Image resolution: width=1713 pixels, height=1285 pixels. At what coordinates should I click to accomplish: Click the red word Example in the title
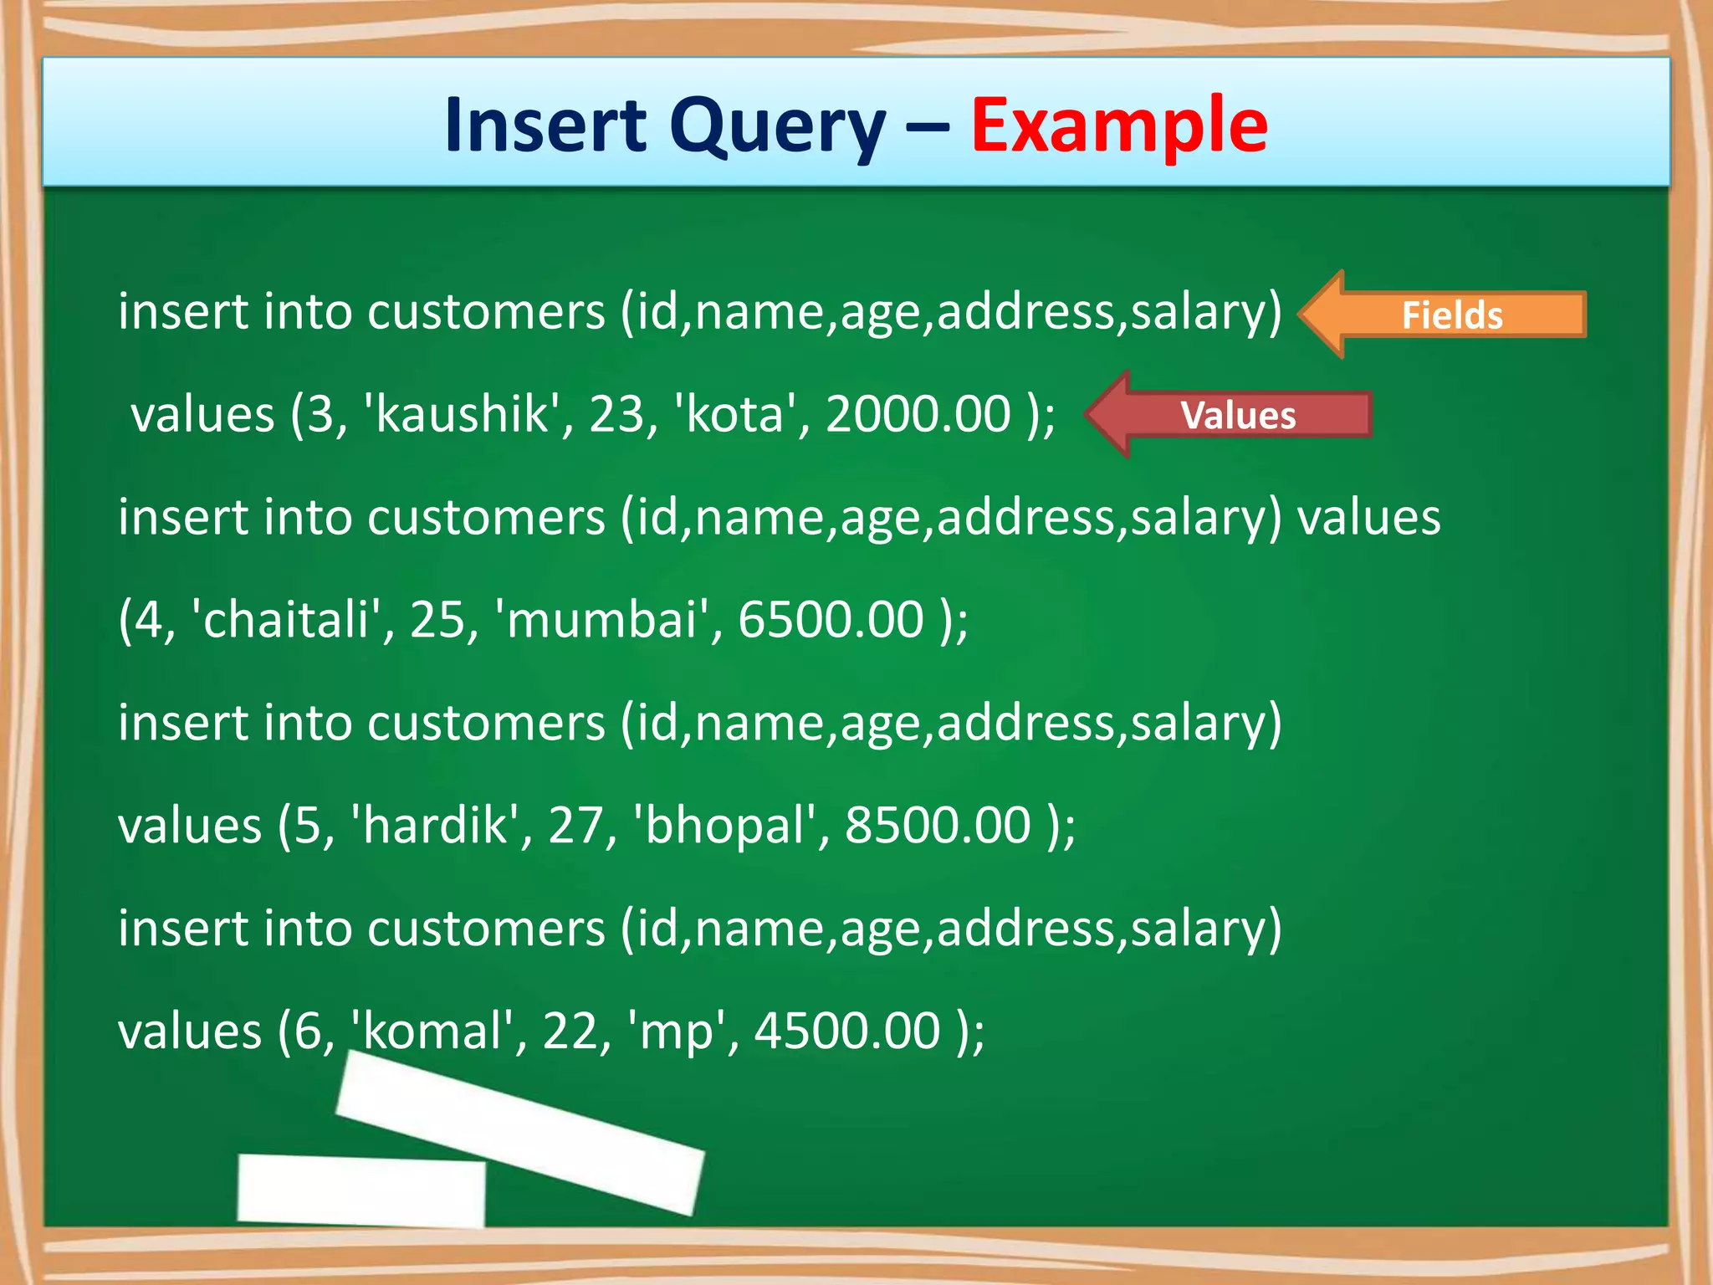coord(1118,125)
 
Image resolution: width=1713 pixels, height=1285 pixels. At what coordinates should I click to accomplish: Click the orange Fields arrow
coord(1443,315)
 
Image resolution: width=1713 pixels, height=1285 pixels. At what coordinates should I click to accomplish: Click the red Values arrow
coord(1230,415)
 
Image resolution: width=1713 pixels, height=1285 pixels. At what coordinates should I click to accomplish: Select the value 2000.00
coord(918,414)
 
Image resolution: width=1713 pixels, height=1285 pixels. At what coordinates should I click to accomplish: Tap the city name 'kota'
coord(734,414)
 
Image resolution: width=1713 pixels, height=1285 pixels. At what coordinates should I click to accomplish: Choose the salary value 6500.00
coord(831,620)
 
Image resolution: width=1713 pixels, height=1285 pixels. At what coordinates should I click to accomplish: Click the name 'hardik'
coord(435,826)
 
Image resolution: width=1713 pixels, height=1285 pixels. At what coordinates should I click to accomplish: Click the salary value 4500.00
coord(847,1032)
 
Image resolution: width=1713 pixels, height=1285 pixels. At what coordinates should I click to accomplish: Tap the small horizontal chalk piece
coord(361,1190)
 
